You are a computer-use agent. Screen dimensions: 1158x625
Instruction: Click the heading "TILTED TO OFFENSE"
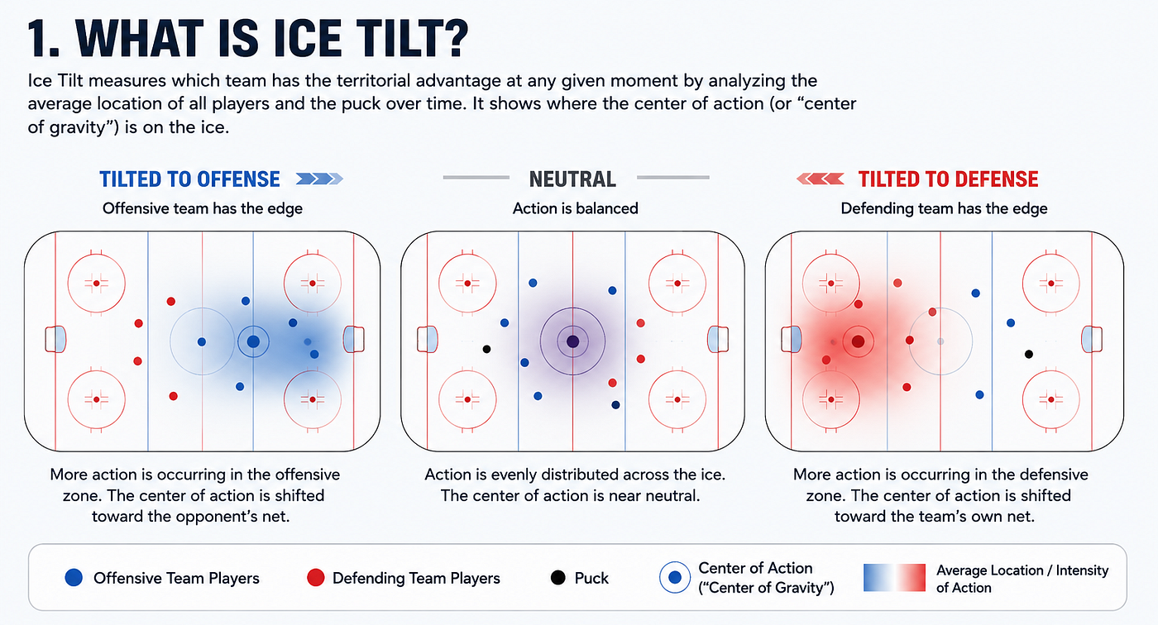pyautogui.click(x=189, y=179)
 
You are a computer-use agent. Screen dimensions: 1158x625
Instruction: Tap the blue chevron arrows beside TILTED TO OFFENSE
pyautogui.click(x=319, y=179)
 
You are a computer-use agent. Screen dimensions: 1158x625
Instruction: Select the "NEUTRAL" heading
pyautogui.click(x=572, y=179)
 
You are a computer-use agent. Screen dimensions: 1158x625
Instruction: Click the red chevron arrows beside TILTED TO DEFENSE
pyautogui.click(x=821, y=179)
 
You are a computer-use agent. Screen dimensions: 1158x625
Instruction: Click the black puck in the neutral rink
pyautogui.click(x=486, y=349)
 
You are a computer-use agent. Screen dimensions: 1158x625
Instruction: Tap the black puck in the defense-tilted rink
pyautogui.click(x=1029, y=355)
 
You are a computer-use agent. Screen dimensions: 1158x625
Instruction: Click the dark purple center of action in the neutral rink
pyautogui.click(x=572, y=341)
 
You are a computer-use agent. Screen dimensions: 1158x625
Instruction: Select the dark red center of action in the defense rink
pyautogui.click(x=859, y=341)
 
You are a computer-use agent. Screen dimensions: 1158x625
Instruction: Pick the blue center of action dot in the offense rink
pyautogui.click(x=253, y=341)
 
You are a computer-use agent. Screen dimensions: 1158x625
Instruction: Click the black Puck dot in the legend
pyautogui.click(x=557, y=578)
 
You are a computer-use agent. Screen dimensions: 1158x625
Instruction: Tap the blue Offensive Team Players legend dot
pyautogui.click(x=74, y=578)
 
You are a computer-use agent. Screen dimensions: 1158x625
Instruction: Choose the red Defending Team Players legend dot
pyautogui.click(x=315, y=578)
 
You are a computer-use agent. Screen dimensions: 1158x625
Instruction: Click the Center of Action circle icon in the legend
pyautogui.click(x=675, y=578)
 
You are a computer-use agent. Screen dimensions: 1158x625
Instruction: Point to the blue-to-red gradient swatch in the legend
pyautogui.click(x=894, y=578)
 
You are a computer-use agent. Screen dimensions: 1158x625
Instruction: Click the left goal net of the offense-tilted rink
pyautogui.click(x=55, y=339)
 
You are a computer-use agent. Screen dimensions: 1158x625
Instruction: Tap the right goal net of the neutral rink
pyautogui.click(x=718, y=339)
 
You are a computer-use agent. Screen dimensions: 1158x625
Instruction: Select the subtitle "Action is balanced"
pyautogui.click(x=576, y=208)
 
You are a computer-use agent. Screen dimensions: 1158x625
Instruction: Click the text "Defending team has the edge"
pyautogui.click(x=944, y=208)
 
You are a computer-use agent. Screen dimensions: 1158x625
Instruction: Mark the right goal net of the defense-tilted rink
pyautogui.click(x=1092, y=339)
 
